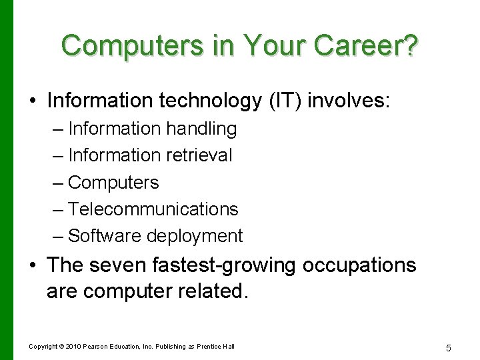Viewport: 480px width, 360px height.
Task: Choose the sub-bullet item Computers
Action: pyautogui.click(x=113, y=182)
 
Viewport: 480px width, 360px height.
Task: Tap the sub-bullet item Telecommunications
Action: pyautogui.click(x=153, y=209)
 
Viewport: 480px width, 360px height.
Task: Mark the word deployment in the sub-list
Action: pyautogui.click(x=195, y=235)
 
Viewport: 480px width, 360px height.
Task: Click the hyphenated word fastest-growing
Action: pyautogui.click(x=226, y=265)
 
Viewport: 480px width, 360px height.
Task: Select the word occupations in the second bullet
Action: pyautogui.click(x=359, y=265)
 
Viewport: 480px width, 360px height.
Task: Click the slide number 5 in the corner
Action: pyautogui.click(x=449, y=347)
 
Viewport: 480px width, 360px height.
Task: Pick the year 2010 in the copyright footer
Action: pyautogui.click(x=73, y=347)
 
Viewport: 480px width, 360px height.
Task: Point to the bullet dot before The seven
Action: pyautogui.click(x=33, y=265)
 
